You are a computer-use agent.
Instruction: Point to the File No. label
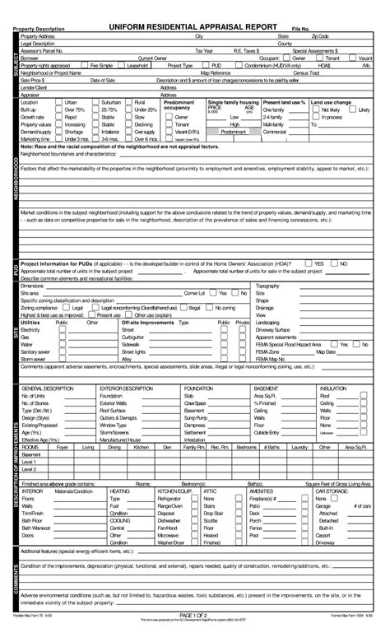pyautogui.click(x=302, y=29)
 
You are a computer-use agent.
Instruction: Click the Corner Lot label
pyautogui.click(x=194, y=292)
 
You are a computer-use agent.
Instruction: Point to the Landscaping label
pyautogui.click(x=267, y=322)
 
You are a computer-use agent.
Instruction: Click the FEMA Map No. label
pyautogui.click(x=271, y=358)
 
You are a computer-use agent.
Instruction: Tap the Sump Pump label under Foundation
pyautogui.click(x=195, y=416)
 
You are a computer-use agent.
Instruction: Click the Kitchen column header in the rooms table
pyautogui.click(x=141, y=447)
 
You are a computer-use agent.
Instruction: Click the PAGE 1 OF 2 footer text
pyautogui.click(x=194, y=616)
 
